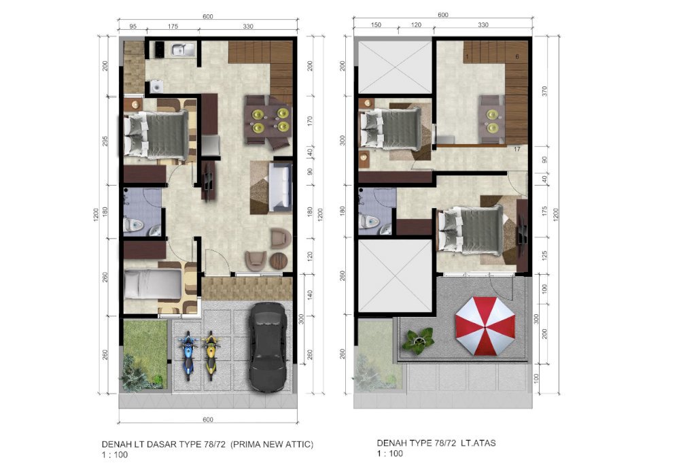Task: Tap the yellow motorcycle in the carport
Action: tap(211, 355)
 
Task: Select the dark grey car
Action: tap(268, 347)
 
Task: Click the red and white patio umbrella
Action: tap(485, 326)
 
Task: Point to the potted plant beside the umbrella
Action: tap(418, 341)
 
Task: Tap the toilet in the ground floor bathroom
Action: tap(133, 225)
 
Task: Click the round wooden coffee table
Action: tap(279, 261)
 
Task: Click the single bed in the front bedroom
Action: tap(153, 284)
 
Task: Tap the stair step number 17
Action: tap(517, 149)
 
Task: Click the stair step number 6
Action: tap(517, 56)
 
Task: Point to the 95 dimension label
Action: tap(133, 26)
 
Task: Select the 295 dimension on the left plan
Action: tap(105, 141)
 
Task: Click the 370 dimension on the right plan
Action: tap(544, 91)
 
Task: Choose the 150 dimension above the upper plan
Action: tap(376, 25)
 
